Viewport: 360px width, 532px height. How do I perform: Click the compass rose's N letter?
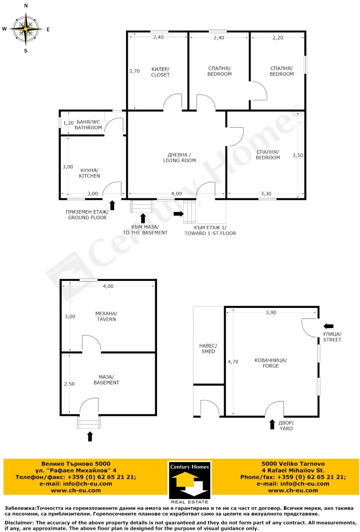tap(26, 6)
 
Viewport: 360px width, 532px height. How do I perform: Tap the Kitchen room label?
tap(90, 173)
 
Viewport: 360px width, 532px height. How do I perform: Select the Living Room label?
tap(180, 158)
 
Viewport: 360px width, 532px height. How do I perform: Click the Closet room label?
tap(160, 72)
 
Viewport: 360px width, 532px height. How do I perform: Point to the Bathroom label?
tap(88, 125)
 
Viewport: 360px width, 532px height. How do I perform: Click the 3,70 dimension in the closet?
tap(135, 71)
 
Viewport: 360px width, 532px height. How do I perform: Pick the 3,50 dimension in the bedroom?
tap(297, 155)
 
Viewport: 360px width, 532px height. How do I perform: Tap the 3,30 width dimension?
tap(266, 194)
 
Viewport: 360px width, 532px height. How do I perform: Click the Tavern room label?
tap(106, 316)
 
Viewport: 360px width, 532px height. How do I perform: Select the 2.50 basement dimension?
tap(69, 384)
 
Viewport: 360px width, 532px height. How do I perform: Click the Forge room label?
tap(270, 363)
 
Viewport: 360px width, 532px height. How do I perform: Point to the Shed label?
tap(208, 348)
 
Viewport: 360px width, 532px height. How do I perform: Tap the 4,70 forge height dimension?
tap(233, 362)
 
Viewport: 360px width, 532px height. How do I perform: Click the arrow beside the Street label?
tap(328, 326)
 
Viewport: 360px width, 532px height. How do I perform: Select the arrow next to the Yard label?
tap(272, 424)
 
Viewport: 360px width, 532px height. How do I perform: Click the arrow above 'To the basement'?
tap(143, 218)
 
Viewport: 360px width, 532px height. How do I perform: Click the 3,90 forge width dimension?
tap(271, 312)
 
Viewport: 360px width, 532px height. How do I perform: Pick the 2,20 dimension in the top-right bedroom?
tap(278, 38)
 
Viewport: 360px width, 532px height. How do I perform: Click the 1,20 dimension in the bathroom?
tap(68, 123)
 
